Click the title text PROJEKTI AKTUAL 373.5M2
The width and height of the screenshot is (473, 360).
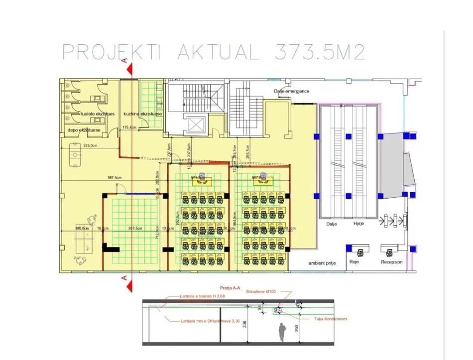[x=213, y=52]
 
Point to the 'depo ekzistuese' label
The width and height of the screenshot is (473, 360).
[x=84, y=130]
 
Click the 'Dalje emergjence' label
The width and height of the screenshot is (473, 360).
[x=291, y=91]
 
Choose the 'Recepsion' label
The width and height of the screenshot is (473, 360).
[x=392, y=262]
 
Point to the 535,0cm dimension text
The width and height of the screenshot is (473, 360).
[x=90, y=146]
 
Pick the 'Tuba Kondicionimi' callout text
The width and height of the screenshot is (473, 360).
[x=330, y=319]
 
